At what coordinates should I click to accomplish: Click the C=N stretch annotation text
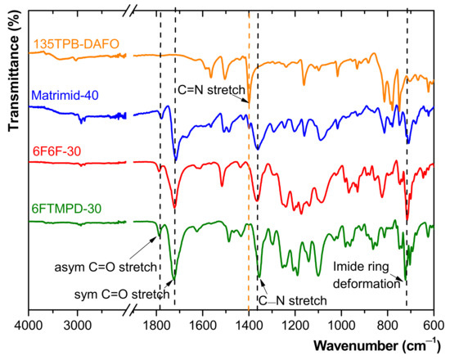point(215,88)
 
